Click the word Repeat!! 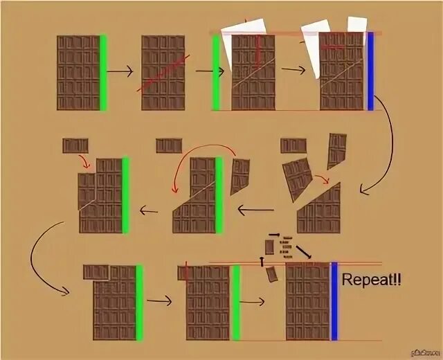click(371, 281)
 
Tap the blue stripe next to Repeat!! click(334, 300)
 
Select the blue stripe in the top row click(370, 72)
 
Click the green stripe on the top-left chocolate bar click(103, 73)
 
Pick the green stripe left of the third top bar click(216, 73)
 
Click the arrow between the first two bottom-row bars click(159, 300)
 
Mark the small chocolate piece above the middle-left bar click(75, 145)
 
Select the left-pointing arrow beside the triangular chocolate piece click(256, 208)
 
